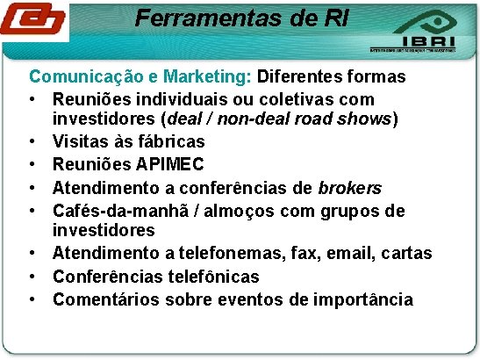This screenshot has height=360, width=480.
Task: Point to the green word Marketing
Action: [x=212, y=76]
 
